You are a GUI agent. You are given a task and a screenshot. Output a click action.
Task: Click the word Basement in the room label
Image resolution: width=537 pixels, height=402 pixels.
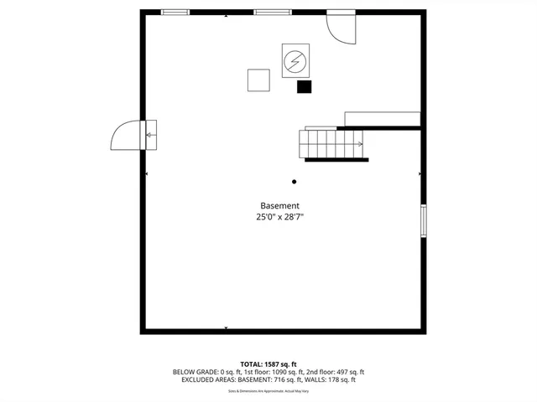[x=279, y=206]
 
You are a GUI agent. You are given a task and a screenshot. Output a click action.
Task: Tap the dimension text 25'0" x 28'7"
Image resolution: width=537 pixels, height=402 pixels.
[x=279, y=217]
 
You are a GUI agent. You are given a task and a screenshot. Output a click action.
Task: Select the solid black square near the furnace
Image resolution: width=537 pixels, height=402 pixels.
[x=304, y=86]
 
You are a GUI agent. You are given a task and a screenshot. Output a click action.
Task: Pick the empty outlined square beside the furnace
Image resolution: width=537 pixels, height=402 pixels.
[x=258, y=80]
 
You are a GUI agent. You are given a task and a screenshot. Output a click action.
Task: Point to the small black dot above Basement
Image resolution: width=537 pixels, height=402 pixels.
[x=294, y=182]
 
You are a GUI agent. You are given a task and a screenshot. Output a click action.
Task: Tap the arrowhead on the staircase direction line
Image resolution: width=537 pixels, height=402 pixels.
[x=360, y=144]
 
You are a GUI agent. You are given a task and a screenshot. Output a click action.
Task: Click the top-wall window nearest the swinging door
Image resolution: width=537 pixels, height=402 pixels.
[x=273, y=12]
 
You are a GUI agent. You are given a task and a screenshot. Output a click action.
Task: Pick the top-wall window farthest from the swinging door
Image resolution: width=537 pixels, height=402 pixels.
[x=175, y=12]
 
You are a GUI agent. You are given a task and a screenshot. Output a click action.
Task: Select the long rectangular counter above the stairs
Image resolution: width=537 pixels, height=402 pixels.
[x=382, y=118]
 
